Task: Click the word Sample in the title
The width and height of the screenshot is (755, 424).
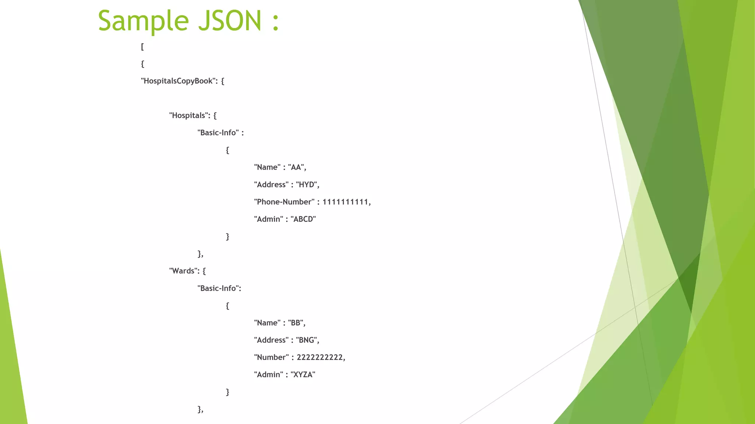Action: tap(143, 21)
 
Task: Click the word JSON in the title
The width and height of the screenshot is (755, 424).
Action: tap(230, 21)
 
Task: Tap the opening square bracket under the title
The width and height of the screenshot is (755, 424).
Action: tap(142, 47)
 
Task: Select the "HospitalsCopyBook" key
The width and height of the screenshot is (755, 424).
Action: tap(178, 81)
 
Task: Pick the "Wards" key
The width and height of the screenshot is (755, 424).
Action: tap(183, 271)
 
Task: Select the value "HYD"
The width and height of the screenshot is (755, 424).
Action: tap(306, 184)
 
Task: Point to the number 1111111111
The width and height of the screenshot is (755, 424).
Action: tap(345, 202)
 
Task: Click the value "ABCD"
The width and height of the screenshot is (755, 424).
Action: tap(303, 219)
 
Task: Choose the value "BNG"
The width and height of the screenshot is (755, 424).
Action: tap(306, 340)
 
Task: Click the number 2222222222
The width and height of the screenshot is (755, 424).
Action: tap(320, 357)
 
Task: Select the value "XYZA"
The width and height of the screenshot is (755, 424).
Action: tap(303, 375)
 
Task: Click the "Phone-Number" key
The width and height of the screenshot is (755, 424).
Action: tap(284, 202)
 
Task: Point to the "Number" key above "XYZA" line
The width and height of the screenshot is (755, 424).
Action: tap(271, 357)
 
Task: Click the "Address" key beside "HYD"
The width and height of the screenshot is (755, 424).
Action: tap(271, 184)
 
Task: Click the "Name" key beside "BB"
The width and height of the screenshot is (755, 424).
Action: tap(267, 323)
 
